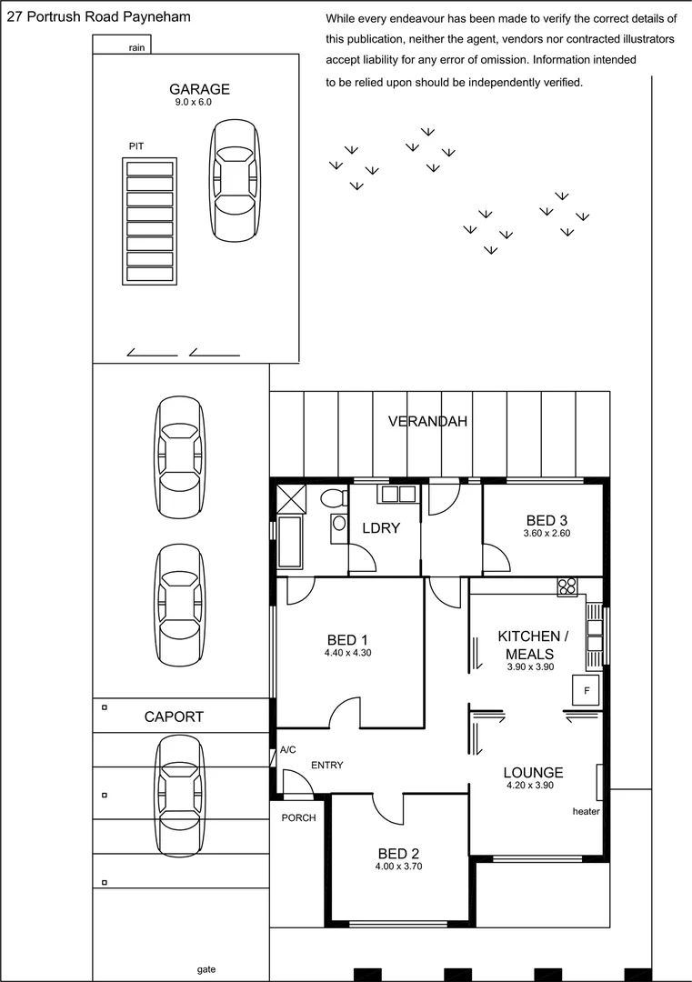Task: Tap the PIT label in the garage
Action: [x=136, y=145]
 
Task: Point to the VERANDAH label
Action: [x=427, y=421]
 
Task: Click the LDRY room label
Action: [x=381, y=527]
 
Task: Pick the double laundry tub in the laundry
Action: [x=397, y=494]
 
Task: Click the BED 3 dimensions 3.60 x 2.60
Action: [x=547, y=534]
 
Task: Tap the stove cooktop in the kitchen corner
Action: [x=567, y=586]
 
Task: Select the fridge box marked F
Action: [x=587, y=690]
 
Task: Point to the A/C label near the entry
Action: [x=288, y=750]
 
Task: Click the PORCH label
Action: [x=298, y=817]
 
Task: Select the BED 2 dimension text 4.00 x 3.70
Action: [x=398, y=867]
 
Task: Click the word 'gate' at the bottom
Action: [x=206, y=969]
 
